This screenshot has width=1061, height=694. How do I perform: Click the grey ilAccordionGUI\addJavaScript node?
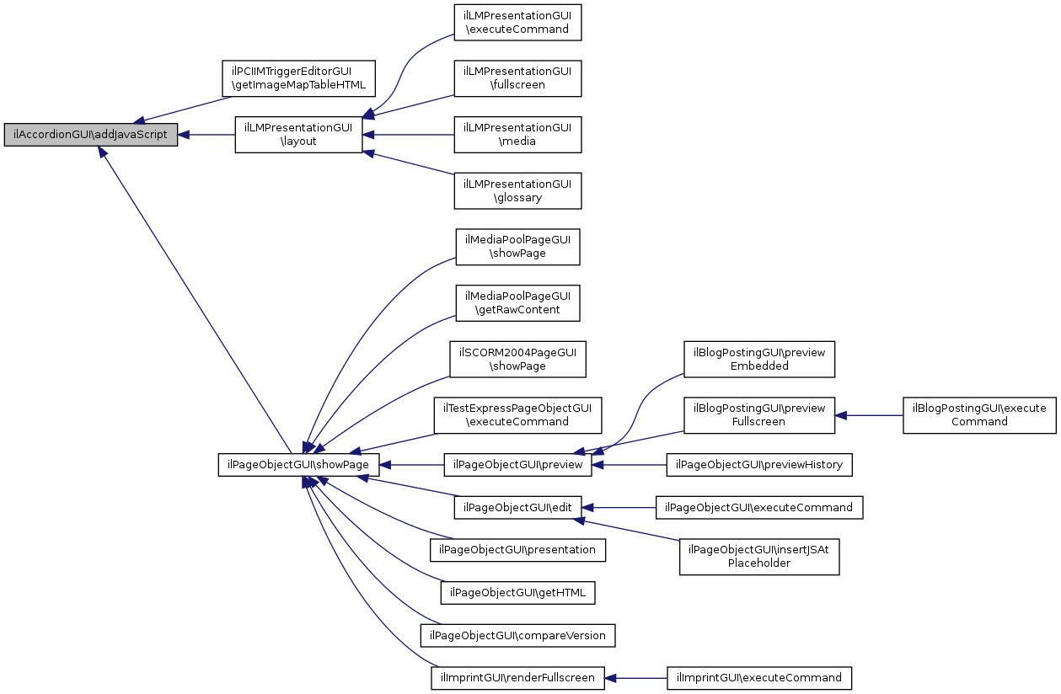click(x=91, y=135)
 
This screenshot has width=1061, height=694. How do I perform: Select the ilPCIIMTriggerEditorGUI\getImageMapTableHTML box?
click(x=298, y=78)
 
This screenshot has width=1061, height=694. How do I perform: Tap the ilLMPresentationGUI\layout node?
click(x=298, y=135)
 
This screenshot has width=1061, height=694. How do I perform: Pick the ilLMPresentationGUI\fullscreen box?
click(x=517, y=78)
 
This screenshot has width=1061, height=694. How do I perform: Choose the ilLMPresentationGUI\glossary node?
click(x=517, y=191)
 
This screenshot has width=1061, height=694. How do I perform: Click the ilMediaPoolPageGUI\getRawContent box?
click(x=517, y=303)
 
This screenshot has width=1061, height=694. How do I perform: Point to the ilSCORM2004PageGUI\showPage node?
click(x=517, y=360)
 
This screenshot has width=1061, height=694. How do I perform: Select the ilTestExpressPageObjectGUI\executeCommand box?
click(x=517, y=415)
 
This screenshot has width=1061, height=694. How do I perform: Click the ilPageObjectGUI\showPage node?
click(x=298, y=465)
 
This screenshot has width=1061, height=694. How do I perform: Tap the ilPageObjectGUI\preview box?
click(x=517, y=465)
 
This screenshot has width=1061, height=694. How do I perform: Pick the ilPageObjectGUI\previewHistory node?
click(x=759, y=465)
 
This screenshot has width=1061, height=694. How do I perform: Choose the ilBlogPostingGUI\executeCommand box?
click(x=979, y=415)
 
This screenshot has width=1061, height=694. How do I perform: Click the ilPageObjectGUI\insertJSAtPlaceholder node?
click(x=759, y=557)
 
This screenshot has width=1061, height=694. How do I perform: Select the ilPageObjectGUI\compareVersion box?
click(x=517, y=635)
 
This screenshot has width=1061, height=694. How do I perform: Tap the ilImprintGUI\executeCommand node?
click(x=759, y=678)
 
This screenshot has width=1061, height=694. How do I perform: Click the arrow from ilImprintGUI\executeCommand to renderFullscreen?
click(x=635, y=678)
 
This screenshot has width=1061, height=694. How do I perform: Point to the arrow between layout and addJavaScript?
click(x=206, y=135)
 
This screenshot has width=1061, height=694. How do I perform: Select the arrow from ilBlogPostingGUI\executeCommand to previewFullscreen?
click(x=869, y=416)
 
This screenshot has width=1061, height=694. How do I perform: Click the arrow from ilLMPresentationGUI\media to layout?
click(x=408, y=135)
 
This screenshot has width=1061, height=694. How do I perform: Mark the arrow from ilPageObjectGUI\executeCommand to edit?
click(x=619, y=508)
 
